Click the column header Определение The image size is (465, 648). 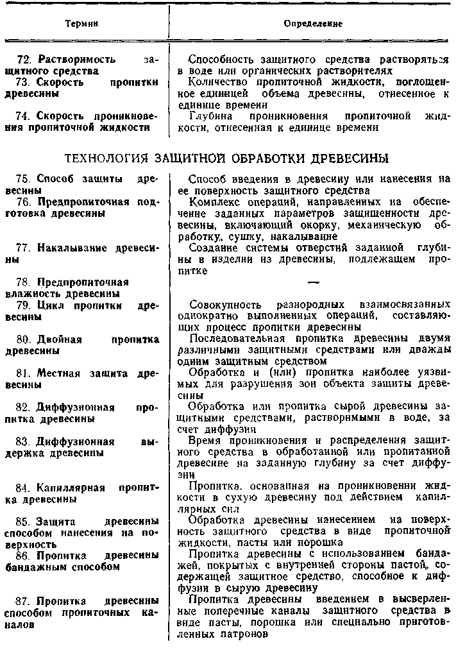point(312,24)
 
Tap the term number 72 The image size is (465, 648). point(26,59)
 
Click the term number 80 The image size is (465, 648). point(26,339)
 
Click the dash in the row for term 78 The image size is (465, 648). point(313,282)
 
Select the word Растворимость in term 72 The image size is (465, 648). point(77,59)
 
